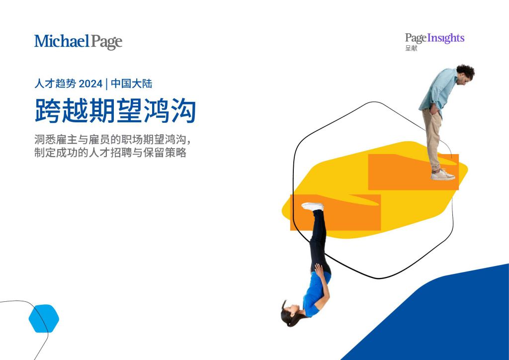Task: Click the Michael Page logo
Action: coord(78,42)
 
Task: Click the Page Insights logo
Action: coord(434,38)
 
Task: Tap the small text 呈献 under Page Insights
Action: coord(411,48)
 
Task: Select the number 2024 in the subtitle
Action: coord(90,84)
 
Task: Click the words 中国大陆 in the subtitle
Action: coord(131,84)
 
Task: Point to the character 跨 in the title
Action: coord(48,111)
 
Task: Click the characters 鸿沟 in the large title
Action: coord(170,111)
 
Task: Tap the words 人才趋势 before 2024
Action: coord(55,84)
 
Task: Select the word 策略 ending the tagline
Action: coord(175,152)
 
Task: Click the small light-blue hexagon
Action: coord(44,318)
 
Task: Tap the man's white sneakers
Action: coord(443,175)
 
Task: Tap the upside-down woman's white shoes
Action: coord(313,206)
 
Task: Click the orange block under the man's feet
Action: coord(413,172)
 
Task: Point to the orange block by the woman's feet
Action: coord(335,213)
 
